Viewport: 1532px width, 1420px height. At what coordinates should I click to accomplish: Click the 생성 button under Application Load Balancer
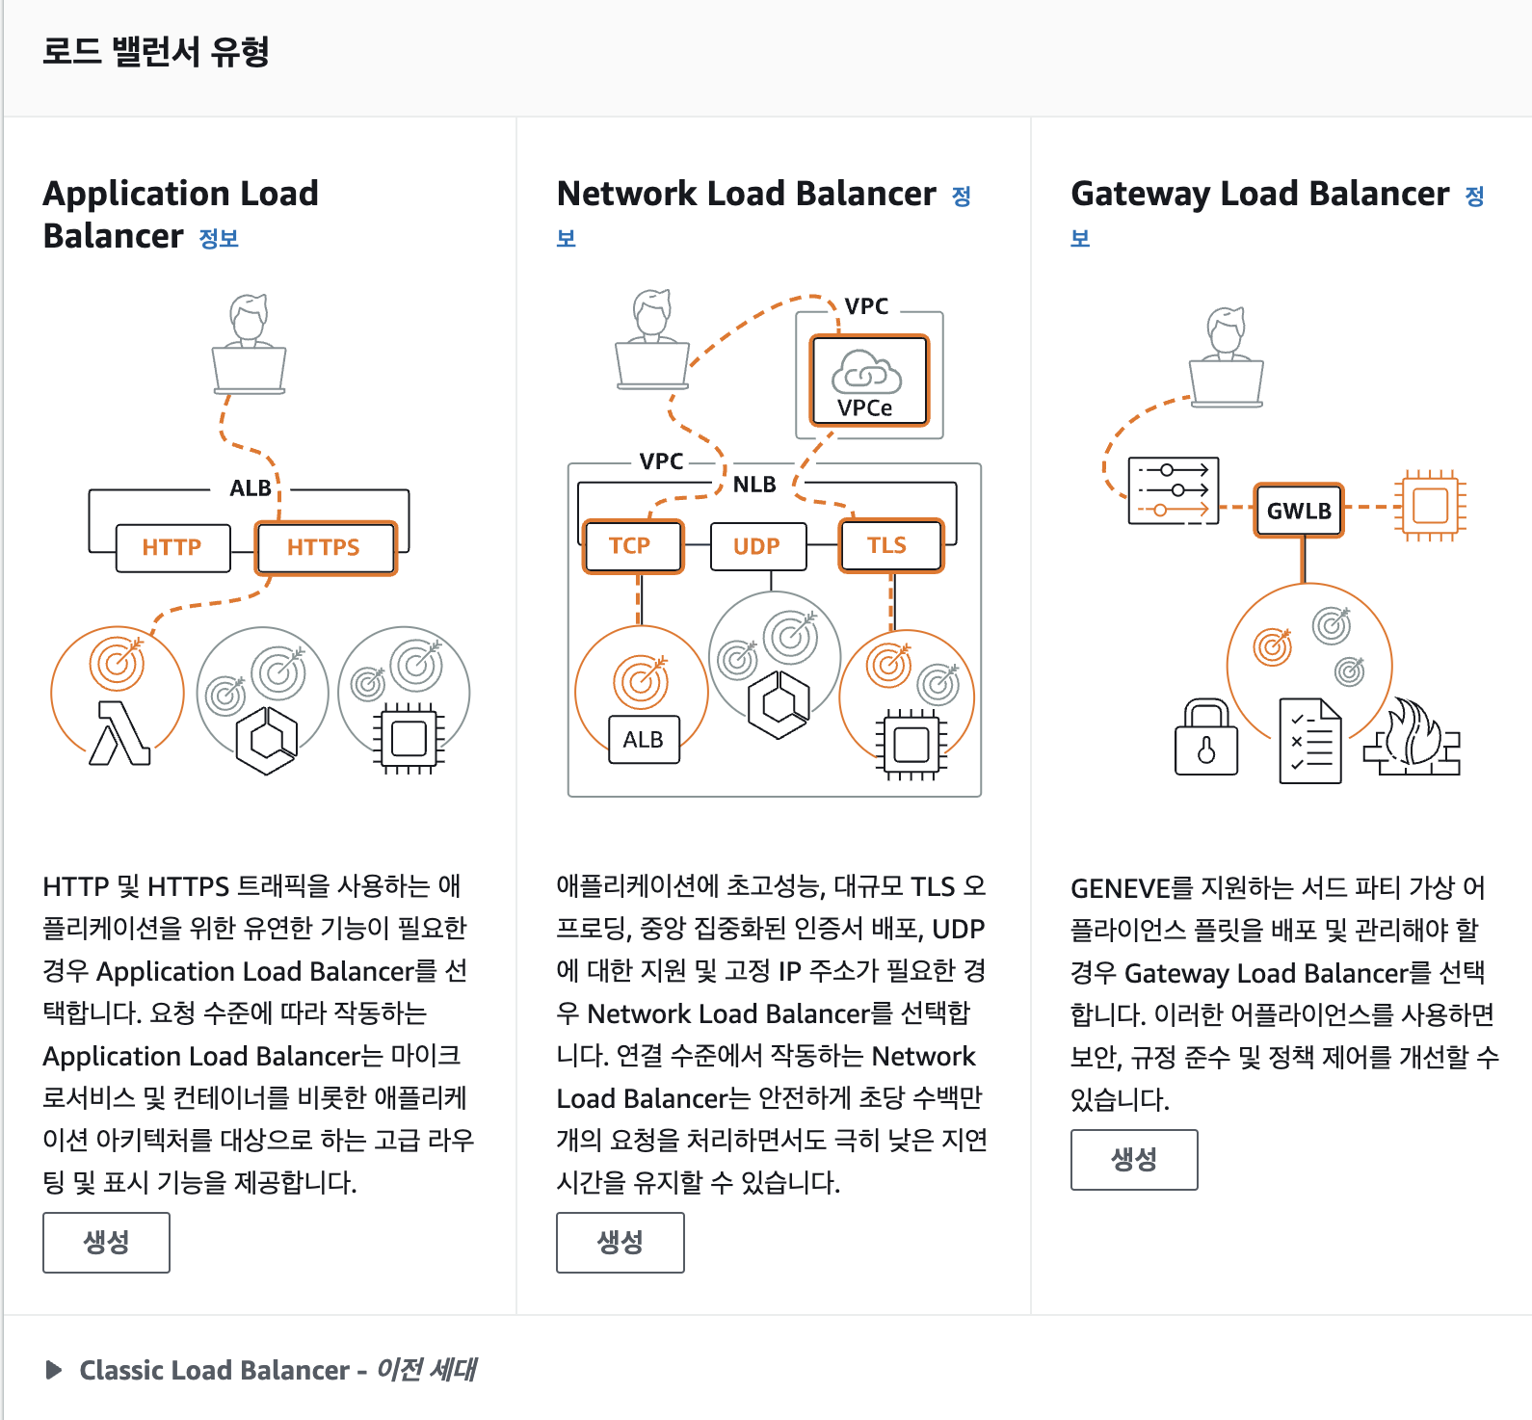pyautogui.click(x=106, y=1242)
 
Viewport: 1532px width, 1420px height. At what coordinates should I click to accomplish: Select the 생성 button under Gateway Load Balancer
pyautogui.click(x=1133, y=1159)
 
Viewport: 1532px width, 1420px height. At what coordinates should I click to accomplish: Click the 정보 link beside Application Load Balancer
pyautogui.click(x=219, y=238)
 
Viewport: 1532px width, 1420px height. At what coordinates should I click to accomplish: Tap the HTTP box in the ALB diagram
pyautogui.click(x=172, y=547)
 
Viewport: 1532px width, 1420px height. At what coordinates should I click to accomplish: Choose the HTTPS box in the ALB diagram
pyautogui.click(x=325, y=547)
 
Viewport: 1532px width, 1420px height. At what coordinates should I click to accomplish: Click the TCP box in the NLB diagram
pyautogui.click(x=631, y=545)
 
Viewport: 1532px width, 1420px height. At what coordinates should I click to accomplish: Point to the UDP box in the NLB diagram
pyautogui.click(x=757, y=546)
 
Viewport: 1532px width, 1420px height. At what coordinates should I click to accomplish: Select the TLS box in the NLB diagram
pyautogui.click(x=888, y=545)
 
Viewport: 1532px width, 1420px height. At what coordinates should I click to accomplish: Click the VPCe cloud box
pyautogui.click(x=867, y=381)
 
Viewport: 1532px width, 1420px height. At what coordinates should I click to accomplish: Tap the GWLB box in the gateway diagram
pyautogui.click(x=1299, y=510)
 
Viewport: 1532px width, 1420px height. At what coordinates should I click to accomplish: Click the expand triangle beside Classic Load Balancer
pyautogui.click(x=54, y=1370)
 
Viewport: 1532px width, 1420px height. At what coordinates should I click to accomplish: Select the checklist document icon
pyautogui.click(x=1309, y=741)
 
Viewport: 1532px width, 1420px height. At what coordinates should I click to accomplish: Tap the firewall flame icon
pyautogui.click(x=1413, y=739)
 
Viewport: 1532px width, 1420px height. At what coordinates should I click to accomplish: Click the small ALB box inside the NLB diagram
pyautogui.click(x=644, y=739)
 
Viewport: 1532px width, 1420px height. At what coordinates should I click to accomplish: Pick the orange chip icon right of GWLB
pyautogui.click(x=1430, y=505)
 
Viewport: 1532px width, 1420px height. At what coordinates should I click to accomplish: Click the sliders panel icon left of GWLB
pyautogui.click(x=1173, y=490)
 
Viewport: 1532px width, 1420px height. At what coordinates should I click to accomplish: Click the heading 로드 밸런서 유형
pyautogui.click(x=156, y=52)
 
